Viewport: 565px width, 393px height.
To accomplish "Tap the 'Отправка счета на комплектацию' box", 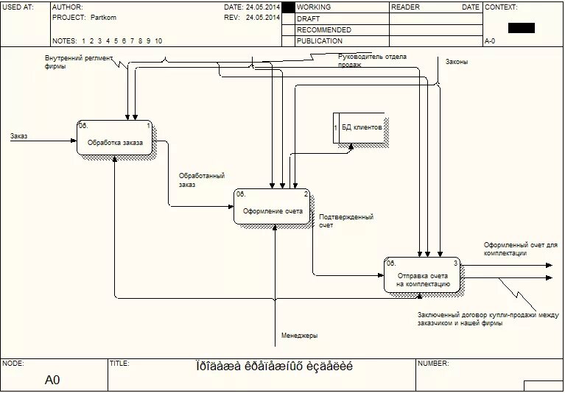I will (x=422, y=276).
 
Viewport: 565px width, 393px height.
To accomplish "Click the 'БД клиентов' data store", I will (x=361, y=128).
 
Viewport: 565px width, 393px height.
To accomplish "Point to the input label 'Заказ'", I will (x=18, y=136).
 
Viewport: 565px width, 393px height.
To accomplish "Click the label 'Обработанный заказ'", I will (x=201, y=180).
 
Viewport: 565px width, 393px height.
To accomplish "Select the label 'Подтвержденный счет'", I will (x=345, y=221).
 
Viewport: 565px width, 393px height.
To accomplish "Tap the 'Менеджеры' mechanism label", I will (x=299, y=336).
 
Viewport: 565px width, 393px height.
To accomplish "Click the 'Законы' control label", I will (x=456, y=62).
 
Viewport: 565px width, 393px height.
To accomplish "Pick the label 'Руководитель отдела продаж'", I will (x=372, y=60).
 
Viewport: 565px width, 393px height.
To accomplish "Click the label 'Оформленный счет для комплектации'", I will (x=520, y=249).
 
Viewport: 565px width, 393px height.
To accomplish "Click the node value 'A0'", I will (x=52, y=380).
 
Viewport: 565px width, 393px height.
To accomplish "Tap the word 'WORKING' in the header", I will (x=313, y=7).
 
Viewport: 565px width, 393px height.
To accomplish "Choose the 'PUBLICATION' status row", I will (x=319, y=41).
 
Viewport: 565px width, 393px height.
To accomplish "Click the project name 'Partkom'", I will (x=103, y=17).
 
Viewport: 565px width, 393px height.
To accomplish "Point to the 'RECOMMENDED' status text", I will (x=323, y=30).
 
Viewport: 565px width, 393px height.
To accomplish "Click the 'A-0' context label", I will (x=490, y=41).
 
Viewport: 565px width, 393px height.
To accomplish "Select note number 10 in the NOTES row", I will (x=158, y=41).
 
